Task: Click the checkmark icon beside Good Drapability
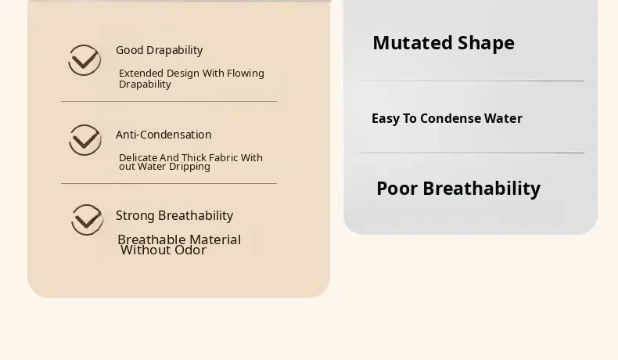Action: [x=84, y=60]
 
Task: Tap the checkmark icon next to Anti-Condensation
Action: [x=85, y=140]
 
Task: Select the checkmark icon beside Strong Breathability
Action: [x=88, y=220]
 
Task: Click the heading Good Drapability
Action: [x=160, y=50]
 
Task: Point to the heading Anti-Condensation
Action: [x=163, y=135]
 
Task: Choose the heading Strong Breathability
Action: [x=174, y=216]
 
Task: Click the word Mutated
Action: [x=412, y=42]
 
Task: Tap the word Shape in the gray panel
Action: [x=486, y=43]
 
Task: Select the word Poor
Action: [x=397, y=189]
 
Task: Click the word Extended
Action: [x=141, y=74]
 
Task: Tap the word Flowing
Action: [x=246, y=74]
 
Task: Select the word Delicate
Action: [x=138, y=158]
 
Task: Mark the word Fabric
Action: [x=224, y=158]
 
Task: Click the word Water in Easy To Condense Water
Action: [x=503, y=118]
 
